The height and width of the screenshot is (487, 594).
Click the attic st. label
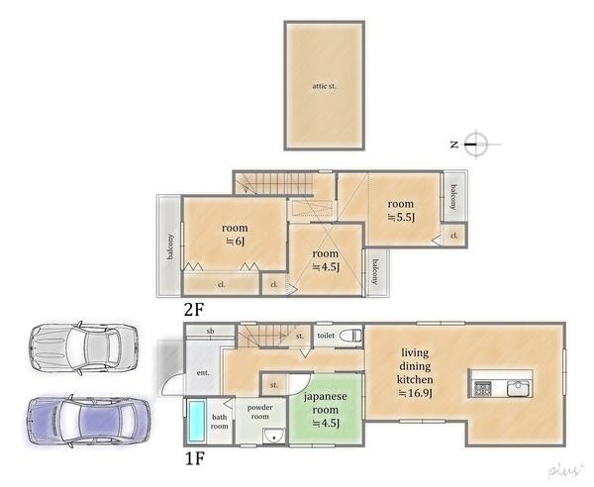click(x=324, y=86)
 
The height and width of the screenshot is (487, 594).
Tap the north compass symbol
click(x=476, y=144)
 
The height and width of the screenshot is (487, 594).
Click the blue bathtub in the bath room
click(x=197, y=421)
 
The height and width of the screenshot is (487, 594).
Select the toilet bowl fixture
click(x=350, y=336)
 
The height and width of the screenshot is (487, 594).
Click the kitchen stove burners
click(x=483, y=389)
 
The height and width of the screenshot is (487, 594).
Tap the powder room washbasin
click(x=273, y=436)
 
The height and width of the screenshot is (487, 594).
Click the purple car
click(x=88, y=421)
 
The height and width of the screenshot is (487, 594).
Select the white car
click(x=83, y=347)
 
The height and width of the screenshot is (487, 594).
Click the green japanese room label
click(x=326, y=410)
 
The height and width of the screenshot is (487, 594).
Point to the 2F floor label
click(x=194, y=310)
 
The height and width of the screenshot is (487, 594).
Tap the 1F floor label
click(x=195, y=459)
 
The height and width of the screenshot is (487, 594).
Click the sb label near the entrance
click(x=210, y=331)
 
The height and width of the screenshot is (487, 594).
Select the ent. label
click(x=203, y=373)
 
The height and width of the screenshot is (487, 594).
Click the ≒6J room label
click(x=235, y=235)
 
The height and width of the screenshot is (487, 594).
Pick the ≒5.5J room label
click(x=401, y=211)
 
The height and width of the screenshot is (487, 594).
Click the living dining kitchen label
click(x=415, y=372)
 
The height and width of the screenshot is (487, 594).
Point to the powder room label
click(x=259, y=412)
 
